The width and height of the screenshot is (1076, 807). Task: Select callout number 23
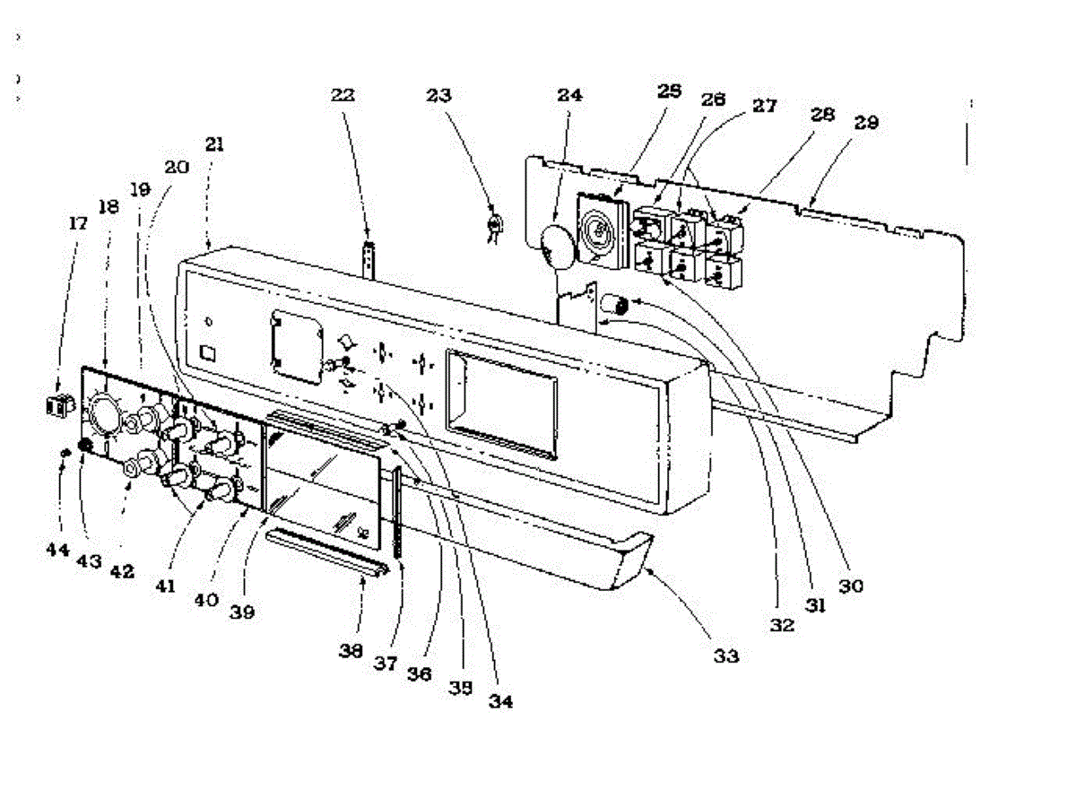point(440,94)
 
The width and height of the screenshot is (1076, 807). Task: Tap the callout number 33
point(726,656)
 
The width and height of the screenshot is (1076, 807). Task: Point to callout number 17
point(78,222)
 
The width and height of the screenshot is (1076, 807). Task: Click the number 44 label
point(57,548)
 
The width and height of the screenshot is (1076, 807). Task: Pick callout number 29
point(866,123)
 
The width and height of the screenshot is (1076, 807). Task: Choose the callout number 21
point(214,143)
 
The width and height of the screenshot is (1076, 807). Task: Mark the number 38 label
point(351,652)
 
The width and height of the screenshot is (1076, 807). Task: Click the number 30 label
point(851,586)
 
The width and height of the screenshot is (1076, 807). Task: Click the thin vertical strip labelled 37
point(397,511)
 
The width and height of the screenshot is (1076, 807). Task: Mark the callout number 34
point(500,701)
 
